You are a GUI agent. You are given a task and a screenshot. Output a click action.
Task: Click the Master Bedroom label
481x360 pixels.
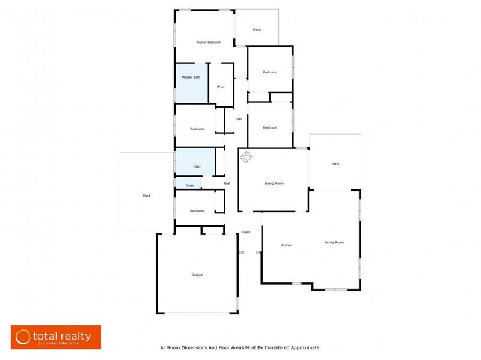tap(209, 42)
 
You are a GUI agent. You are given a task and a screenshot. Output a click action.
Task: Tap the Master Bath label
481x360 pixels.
tap(191, 78)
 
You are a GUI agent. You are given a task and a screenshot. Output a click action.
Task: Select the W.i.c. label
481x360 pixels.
tap(221, 87)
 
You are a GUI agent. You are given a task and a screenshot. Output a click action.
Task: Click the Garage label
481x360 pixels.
tap(197, 275)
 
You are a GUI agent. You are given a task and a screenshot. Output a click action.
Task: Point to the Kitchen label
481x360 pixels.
tap(286, 245)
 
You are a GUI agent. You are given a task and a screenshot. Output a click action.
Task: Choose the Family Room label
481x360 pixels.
tap(334, 242)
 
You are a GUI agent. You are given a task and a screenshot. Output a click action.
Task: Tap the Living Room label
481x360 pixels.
tap(274, 183)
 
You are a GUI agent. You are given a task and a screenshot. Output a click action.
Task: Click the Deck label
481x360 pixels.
tap(147, 195)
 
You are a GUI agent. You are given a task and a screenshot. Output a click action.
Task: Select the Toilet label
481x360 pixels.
tap(189, 186)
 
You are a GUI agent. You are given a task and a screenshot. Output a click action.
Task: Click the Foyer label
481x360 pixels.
tap(245, 232)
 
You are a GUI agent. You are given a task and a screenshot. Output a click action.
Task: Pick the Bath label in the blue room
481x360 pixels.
tap(197, 166)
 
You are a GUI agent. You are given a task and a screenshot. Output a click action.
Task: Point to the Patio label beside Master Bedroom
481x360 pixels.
tap(257, 29)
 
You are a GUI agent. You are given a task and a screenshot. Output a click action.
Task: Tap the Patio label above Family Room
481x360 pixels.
tap(335, 164)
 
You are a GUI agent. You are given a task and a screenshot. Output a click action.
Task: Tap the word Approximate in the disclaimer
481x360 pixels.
tap(304, 347)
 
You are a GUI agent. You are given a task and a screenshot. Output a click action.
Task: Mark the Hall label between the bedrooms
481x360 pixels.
tap(239, 119)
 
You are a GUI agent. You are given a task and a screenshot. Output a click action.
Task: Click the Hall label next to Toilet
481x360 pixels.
tap(227, 183)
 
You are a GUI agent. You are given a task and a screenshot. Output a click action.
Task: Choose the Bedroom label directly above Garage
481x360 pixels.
tap(197, 211)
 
